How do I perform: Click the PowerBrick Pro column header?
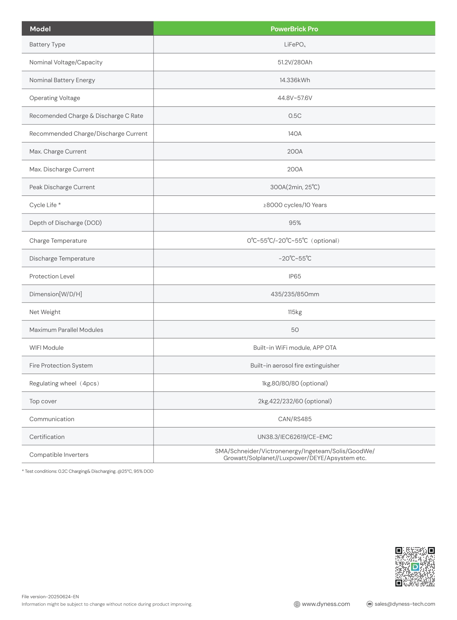pyautogui.click(x=294, y=29)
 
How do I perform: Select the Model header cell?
pyautogui.click(x=40, y=29)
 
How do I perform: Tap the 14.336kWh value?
pyautogui.click(x=295, y=80)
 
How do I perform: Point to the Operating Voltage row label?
pyautogui.click(x=55, y=98)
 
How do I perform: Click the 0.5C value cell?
pyautogui.click(x=295, y=116)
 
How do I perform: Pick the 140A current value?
pyautogui.click(x=295, y=134)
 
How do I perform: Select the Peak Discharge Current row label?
pyautogui.click(x=62, y=187)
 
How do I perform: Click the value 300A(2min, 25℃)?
pyautogui.click(x=295, y=187)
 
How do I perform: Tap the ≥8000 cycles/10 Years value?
pyautogui.click(x=295, y=205)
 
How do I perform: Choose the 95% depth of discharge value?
pyautogui.click(x=295, y=223)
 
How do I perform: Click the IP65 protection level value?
pyautogui.click(x=295, y=276)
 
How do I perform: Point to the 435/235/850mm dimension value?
pyautogui.click(x=295, y=294)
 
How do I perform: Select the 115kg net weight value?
pyautogui.click(x=295, y=312)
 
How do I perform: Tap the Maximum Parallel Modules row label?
pyautogui.click(x=66, y=330)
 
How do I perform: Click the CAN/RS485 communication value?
pyautogui.click(x=295, y=419)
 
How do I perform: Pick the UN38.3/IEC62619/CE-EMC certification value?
pyautogui.click(x=295, y=437)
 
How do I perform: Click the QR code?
pyautogui.click(x=415, y=567)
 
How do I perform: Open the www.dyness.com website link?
pyautogui.click(x=326, y=604)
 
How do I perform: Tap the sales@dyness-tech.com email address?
pyautogui.click(x=404, y=604)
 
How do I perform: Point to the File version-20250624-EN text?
pyautogui.click(x=50, y=596)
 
